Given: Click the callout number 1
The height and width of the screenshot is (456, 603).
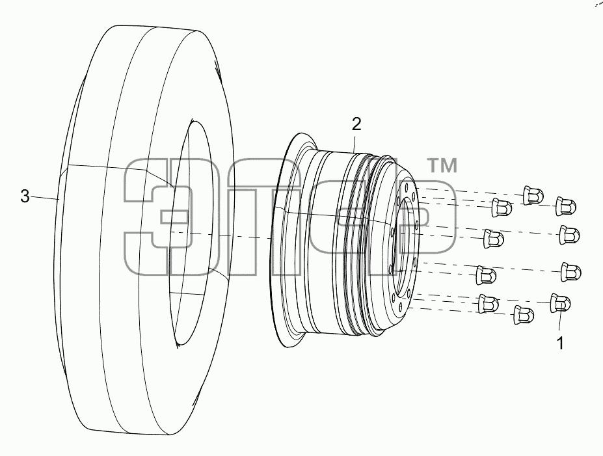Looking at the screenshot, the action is (x=560, y=343).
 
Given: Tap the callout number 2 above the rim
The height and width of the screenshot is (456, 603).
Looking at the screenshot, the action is (x=356, y=124).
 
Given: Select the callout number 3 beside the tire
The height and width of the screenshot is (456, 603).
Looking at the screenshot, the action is (x=25, y=196).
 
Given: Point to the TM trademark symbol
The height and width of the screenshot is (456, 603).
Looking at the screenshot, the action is (x=442, y=166).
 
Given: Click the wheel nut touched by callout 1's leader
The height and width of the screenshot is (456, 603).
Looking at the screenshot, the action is (x=560, y=302).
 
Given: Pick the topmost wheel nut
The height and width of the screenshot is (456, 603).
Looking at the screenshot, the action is (x=533, y=194).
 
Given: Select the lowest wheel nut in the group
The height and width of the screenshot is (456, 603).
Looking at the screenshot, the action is (x=524, y=315).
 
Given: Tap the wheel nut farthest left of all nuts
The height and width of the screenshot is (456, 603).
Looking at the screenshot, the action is (x=486, y=275).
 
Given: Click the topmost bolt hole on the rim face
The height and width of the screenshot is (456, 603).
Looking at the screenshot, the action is (x=407, y=187).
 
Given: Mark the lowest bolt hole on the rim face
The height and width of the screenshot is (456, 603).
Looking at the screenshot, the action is (x=400, y=306).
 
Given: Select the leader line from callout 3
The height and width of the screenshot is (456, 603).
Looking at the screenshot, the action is (x=45, y=198).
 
